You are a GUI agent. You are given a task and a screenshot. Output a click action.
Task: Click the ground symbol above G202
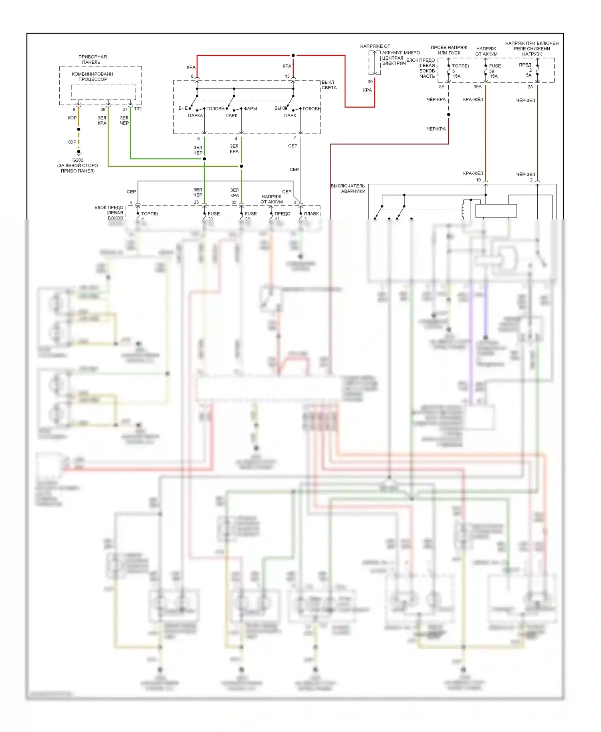coord(79,153)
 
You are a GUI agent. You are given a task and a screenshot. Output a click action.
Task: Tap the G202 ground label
coord(78,160)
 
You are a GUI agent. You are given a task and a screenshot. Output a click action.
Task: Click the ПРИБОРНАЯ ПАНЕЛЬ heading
coord(93,59)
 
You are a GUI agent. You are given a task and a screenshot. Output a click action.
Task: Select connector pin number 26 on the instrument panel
coord(103,109)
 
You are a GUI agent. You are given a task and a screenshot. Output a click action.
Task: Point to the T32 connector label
coord(138,109)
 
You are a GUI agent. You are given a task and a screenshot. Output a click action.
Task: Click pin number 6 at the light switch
coord(192,76)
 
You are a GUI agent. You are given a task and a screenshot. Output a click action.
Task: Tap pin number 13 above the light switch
coord(287,76)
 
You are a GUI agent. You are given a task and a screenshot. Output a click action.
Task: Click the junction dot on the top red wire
coord(293,55)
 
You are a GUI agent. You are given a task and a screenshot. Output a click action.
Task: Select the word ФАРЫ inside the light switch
coord(250,109)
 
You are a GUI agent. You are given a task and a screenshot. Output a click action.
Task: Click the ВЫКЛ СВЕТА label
coord(329,85)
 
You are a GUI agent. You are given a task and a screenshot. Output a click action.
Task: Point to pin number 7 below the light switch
coord(295,138)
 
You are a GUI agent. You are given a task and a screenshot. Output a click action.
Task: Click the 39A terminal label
coord(478,87)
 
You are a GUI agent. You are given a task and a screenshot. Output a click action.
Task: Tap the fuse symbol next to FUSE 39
coord(486,70)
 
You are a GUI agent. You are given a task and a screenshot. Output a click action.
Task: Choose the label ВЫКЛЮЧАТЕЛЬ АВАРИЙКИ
coord(348,189)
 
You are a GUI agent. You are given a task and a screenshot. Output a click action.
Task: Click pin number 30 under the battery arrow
coord(370,82)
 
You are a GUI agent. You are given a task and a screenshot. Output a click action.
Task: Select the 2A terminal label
coord(530,87)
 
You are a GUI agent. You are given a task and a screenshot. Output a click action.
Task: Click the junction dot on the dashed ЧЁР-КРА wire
coord(449,115)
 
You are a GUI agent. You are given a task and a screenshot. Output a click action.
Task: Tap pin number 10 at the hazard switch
coord(478,180)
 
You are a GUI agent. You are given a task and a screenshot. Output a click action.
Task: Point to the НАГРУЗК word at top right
coord(532,54)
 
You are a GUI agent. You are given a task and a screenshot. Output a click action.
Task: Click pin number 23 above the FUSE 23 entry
coord(196,202)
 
